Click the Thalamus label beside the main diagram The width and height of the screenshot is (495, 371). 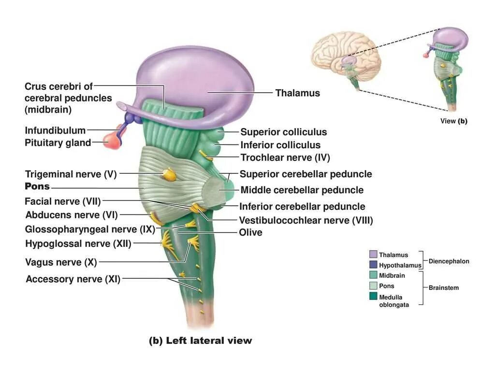point(297,93)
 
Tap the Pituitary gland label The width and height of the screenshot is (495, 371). point(58,143)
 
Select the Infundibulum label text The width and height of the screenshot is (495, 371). point(55,130)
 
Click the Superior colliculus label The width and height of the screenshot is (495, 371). point(284,132)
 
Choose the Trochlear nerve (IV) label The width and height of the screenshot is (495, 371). point(285,157)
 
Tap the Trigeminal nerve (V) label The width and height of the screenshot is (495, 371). point(71,174)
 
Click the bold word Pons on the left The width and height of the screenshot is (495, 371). point(37,186)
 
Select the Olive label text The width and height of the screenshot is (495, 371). point(250,232)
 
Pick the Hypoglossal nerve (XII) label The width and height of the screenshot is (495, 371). point(78,244)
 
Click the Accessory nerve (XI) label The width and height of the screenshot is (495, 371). point(73,279)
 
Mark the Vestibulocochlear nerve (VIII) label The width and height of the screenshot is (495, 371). point(306,220)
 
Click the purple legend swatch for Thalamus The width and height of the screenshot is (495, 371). point(373,255)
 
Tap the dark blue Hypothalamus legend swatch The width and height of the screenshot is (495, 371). point(373,265)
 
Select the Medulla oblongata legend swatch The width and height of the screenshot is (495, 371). point(373,296)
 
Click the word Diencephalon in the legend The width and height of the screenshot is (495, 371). point(449,261)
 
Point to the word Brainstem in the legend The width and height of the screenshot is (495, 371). point(443,288)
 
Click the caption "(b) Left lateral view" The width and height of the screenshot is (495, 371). point(200,341)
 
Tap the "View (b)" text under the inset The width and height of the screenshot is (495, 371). point(453,121)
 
